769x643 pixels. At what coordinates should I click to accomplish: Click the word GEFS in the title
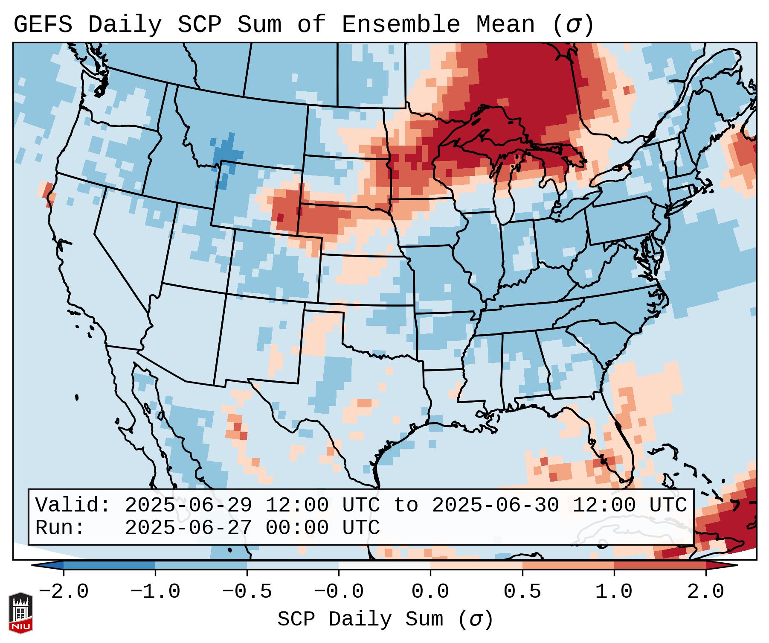click(43, 25)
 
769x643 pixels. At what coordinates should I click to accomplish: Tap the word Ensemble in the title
click(400, 25)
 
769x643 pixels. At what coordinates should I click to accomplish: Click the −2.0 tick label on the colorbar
click(64, 592)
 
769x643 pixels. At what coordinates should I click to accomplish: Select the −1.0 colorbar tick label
click(155, 592)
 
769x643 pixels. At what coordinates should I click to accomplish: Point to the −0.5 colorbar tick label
click(247, 592)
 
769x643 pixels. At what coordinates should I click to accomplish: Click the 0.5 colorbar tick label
click(522, 592)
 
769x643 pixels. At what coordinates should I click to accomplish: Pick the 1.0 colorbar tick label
click(614, 592)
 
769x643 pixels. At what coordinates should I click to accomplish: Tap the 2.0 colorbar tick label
click(705, 592)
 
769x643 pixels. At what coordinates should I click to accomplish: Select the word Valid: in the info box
click(73, 505)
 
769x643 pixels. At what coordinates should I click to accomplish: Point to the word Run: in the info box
click(60, 528)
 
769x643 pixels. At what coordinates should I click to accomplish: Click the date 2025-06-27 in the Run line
click(188, 528)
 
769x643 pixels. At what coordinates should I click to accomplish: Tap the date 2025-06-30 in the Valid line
click(495, 505)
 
